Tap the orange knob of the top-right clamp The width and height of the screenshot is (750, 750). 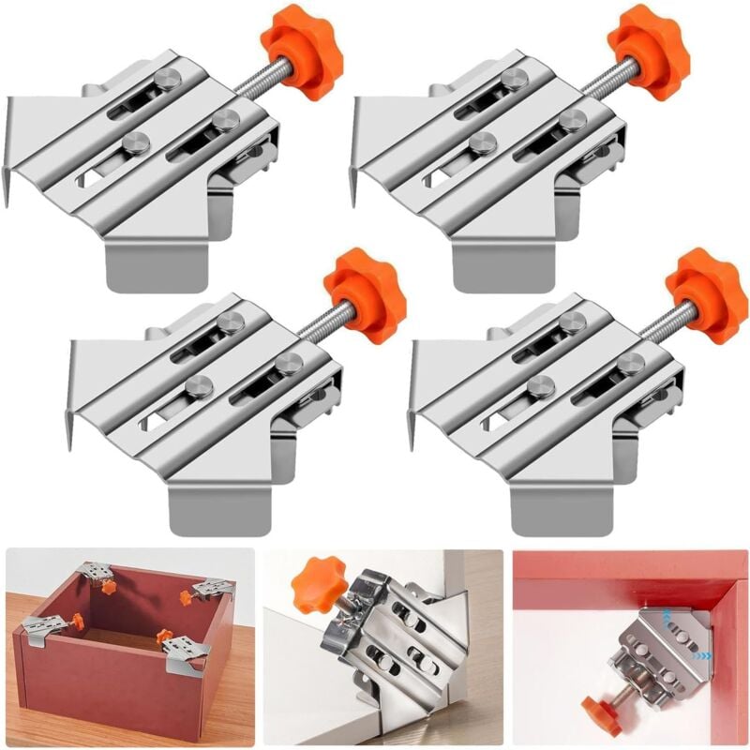pos(649,52)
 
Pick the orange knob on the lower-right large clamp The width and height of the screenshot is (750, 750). pos(708,296)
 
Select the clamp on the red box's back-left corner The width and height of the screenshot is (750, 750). pos(96,574)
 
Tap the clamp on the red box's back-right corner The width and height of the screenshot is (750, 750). pos(211,590)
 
